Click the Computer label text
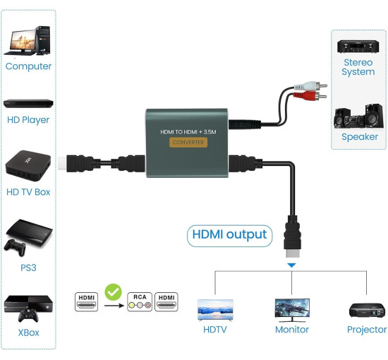[28, 66]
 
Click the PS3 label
[28, 268]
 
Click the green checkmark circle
[112, 292]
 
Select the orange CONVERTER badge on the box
[188, 142]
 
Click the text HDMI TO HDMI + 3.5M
[188, 131]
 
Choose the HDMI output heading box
[228, 235]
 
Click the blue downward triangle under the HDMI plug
[291, 265]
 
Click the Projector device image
[367, 310]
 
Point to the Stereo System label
[358, 67]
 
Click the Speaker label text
[359, 137]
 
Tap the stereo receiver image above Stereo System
[358, 47]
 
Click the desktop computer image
[28, 40]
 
